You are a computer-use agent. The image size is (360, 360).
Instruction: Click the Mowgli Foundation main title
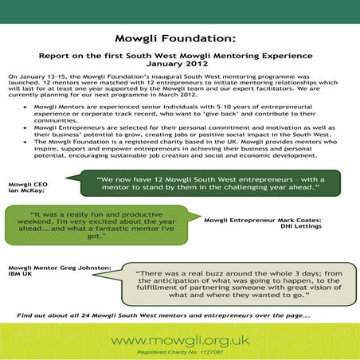[x=179, y=37]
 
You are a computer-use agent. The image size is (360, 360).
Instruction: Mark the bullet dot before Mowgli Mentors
[x=26, y=106]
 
